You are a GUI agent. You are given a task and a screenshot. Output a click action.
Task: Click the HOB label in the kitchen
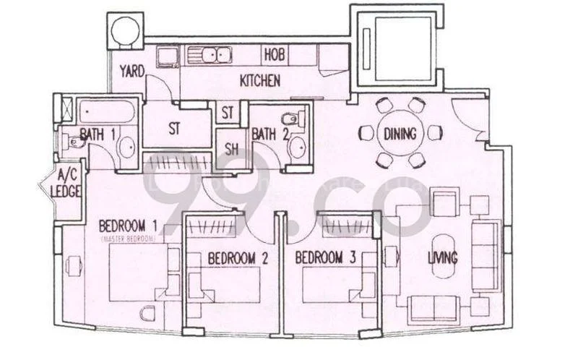click(x=274, y=54)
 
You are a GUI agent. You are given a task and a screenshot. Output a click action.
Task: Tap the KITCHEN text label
click(x=259, y=81)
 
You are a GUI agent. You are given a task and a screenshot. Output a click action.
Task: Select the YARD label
click(x=132, y=71)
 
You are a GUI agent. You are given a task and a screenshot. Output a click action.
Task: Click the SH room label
click(x=231, y=150)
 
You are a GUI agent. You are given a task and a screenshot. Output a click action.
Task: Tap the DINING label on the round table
click(x=400, y=133)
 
